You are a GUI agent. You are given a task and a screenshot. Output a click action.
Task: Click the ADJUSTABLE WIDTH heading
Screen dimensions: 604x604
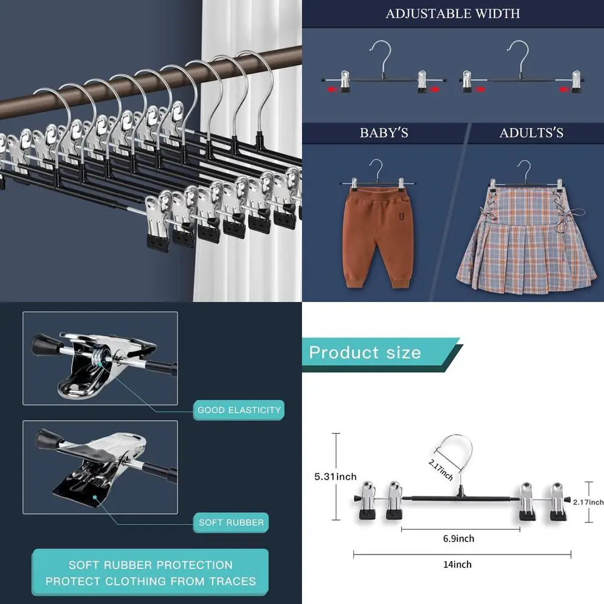(x=452, y=13)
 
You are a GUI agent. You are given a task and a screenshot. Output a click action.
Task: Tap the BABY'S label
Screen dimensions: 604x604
(x=384, y=133)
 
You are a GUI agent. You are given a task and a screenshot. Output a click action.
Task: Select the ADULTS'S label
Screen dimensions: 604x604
(x=531, y=133)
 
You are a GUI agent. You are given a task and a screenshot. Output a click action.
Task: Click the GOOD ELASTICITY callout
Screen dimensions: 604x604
(x=239, y=410)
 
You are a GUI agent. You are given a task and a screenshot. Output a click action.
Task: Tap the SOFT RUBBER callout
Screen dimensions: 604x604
(x=231, y=522)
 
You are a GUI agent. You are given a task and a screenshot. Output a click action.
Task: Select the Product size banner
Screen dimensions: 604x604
(x=365, y=353)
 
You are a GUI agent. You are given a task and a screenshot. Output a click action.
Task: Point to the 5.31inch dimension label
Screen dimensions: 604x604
(x=335, y=477)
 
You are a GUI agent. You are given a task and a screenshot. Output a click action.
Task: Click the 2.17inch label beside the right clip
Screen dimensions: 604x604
(x=588, y=502)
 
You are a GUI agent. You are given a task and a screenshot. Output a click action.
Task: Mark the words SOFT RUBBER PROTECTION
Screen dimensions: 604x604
(x=150, y=565)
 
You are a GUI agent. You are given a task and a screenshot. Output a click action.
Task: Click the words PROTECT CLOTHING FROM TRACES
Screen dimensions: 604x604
(x=150, y=582)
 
